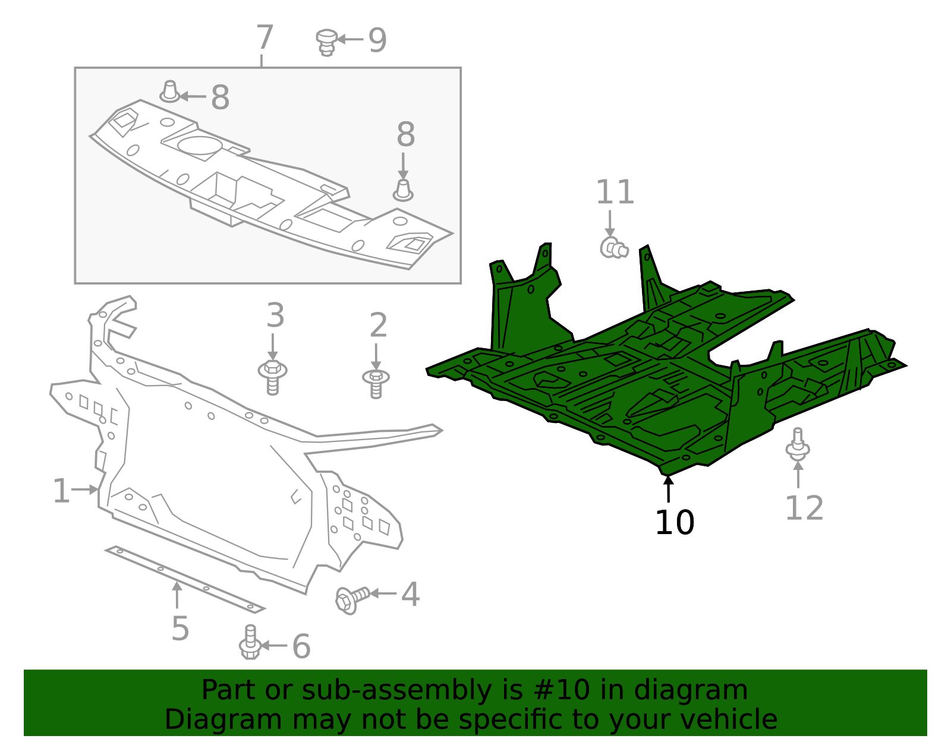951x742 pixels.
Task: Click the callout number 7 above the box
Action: (264, 37)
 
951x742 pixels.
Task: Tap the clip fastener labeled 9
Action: (326, 42)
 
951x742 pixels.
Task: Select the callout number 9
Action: (377, 40)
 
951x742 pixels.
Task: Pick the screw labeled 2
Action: (376, 382)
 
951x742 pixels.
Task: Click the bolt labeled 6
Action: (250, 643)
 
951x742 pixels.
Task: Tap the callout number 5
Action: (180, 629)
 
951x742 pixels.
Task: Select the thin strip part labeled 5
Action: (184, 577)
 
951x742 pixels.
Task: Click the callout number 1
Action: (61, 491)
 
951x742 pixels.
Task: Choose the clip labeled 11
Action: (613, 248)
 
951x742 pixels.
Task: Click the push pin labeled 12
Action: (798, 445)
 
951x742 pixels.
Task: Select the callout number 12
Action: (804, 508)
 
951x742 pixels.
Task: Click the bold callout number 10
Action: (675, 523)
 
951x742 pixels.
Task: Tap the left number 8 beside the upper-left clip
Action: (220, 97)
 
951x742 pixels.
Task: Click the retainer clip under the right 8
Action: (403, 191)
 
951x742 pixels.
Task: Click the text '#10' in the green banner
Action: (561, 690)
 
